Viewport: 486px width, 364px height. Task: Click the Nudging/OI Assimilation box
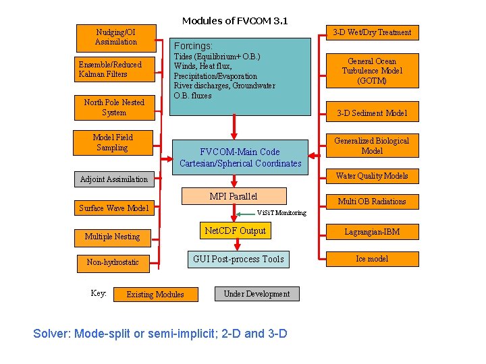tap(116, 37)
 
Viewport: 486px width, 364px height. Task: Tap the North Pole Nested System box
tap(114, 108)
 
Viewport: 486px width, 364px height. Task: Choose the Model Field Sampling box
tap(113, 142)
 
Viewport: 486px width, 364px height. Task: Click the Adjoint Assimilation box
tap(113, 179)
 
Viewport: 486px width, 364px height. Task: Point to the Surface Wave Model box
tap(113, 208)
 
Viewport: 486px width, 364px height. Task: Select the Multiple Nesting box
tap(112, 237)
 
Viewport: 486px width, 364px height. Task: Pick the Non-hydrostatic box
tap(113, 262)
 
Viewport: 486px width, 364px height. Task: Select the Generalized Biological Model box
tap(372, 146)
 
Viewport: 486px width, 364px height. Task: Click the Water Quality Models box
tap(372, 176)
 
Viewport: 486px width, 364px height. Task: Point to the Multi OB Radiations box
tap(372, 202)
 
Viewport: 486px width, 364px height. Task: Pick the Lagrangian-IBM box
tap(372, 232)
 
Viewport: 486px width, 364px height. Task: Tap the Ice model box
tap(372, 259)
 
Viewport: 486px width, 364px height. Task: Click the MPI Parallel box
tap(234, 196)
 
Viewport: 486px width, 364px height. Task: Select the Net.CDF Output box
tap(235, 231)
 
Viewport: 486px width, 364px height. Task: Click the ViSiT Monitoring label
tap(281, 213)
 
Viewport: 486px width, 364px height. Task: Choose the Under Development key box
tap(256, 294)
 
